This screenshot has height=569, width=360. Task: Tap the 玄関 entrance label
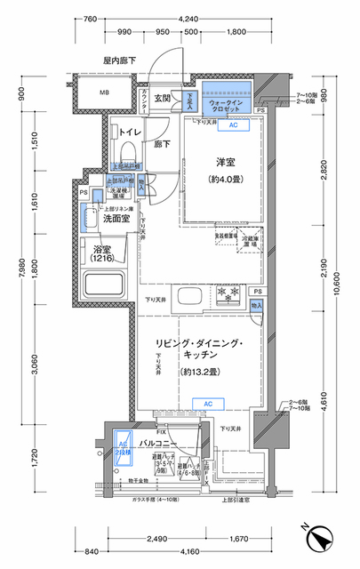pyautogui.click(x=163, y=99)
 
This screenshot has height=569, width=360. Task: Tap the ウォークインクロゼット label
pyautogui.click(x=226, y=95)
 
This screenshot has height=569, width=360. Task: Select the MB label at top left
pyautogui.click(x=103, y=92)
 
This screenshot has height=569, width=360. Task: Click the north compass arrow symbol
pyautogui.click(x=321, y=539)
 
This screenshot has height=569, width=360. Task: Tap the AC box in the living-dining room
pyautogui.click(x=207, y=405)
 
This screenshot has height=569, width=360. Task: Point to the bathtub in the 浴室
pyautogui.click(x=106, y=286)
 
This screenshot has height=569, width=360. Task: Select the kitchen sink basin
pyautogui.click(x=188, y=296)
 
